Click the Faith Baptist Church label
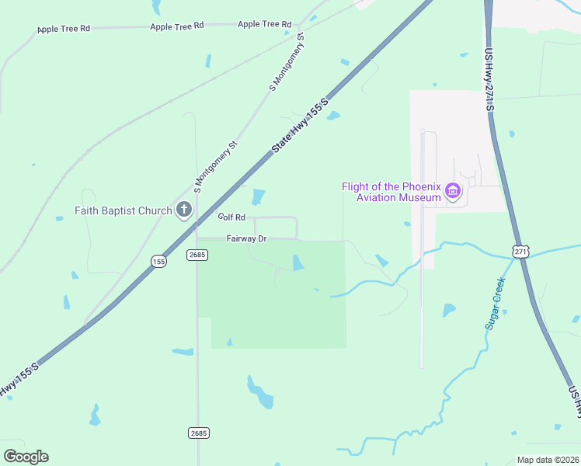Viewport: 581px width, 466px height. (x=124, y=210)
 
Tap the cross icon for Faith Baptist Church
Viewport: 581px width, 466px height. (x=184, y=209)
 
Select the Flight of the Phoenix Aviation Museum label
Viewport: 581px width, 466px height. (x=392, y=192)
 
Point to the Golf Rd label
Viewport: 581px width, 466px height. (x=231, y=217)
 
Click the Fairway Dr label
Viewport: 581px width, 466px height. (x=246, y=238)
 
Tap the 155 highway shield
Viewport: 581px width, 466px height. (x=158, y=262)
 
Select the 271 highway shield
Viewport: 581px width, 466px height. (x=520, y=251)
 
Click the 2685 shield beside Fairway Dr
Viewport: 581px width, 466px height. (x=197, y=254)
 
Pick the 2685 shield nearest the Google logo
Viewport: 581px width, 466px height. (x=198, y=432)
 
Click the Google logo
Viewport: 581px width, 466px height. (x=26, y=456)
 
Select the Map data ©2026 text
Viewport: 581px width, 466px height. (x=548, y=460)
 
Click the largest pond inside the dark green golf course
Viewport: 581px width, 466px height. (x=297, y=264)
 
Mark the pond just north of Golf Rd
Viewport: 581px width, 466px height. (x=258, y=198)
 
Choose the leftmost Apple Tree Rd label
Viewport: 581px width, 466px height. (x=64, y=29)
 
